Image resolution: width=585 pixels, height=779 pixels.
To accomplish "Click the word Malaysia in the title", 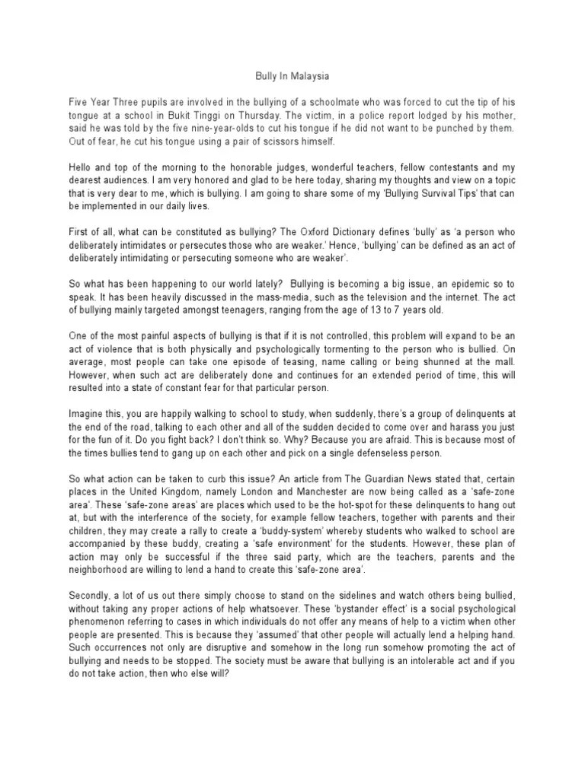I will (308, 76).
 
